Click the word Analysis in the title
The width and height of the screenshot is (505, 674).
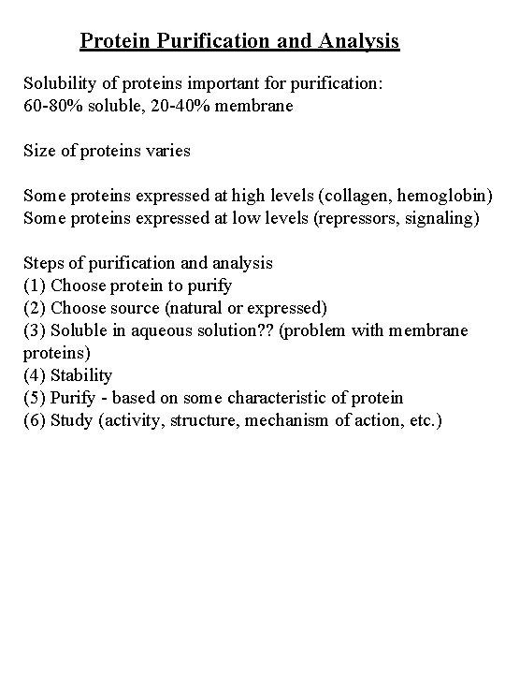[x=359, y=41]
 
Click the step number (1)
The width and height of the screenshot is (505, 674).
[x=35, y=286]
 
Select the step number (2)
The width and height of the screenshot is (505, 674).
[x=35, y=308]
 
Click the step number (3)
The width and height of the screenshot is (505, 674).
[x=35, y=330]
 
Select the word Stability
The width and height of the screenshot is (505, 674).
[x=81, y=375]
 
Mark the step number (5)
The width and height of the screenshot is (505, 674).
[x=35, y=398]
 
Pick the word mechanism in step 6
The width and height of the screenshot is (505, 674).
[x=284, y=420]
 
